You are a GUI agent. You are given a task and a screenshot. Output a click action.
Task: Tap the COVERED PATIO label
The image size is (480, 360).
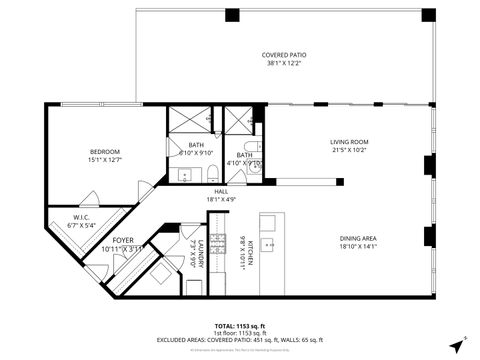285,55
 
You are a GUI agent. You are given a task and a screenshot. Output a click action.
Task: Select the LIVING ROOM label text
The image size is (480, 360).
349,142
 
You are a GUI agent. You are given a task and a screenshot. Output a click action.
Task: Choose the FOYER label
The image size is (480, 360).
122,241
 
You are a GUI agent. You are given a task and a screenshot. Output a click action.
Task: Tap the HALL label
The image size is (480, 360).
221,191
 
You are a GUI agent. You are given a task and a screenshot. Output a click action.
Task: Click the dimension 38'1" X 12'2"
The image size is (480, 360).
285,64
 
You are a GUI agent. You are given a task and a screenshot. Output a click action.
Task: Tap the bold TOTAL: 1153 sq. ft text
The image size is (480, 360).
240,325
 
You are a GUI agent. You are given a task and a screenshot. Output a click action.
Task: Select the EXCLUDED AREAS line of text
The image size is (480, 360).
240,341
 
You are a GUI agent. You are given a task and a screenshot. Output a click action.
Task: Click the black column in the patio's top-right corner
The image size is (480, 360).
428,15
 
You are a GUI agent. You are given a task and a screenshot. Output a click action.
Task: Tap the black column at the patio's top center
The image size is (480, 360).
232,15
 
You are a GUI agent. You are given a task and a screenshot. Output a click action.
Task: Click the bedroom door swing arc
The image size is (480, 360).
146,188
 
